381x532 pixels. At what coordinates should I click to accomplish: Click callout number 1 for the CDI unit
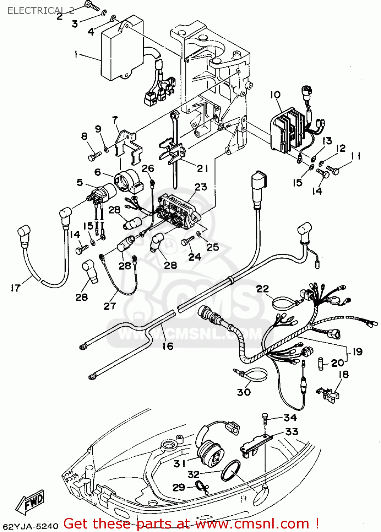click(x=76, y=54)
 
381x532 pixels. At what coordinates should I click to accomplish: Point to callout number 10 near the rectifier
click(x=275, y=95)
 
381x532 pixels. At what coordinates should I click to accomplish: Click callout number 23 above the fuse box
click(x=201, y=187)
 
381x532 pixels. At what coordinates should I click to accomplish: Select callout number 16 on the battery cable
click(x=168, y=346)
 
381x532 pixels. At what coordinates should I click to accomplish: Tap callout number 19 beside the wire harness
click(x=357, y=351)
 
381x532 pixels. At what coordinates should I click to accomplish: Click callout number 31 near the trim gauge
click(x=180, y=464)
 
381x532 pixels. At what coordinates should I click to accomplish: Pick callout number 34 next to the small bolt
click(x=290, y=417)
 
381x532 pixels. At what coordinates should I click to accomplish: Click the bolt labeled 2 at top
click(x=92, y=6)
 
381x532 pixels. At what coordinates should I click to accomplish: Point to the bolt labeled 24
click(x=186, y=241)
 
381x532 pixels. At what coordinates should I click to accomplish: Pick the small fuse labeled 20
click(x=321, y=364)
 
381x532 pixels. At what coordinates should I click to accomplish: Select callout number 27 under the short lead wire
click(x=110, y=306)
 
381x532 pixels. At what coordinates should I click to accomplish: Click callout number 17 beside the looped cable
click(x=15, y=288)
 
